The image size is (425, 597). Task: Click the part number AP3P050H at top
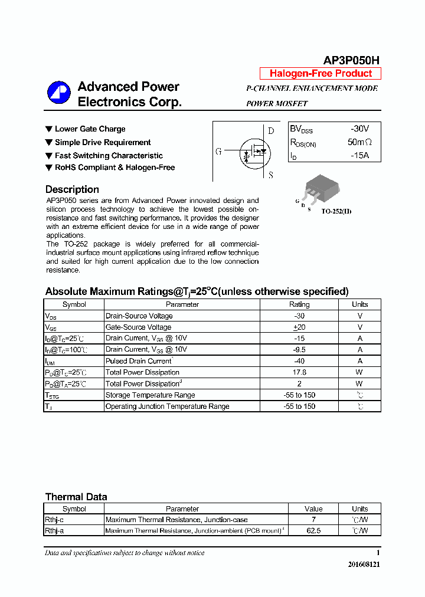(x=351, y=60)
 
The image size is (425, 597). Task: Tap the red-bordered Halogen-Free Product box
(x=321, y=74)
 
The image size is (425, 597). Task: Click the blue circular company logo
(x=59, y=93)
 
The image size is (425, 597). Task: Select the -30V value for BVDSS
(x=359, y=129)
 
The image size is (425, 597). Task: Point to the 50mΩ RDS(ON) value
(x=359, y=142)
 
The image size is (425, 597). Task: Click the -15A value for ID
(x=359, y=156)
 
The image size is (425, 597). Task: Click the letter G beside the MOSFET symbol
(x=218, y=152)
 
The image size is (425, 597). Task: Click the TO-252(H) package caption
(x=336, y=211)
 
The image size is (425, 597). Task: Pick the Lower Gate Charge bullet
(x=90, y=129)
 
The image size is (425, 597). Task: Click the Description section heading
(x=72, y=189)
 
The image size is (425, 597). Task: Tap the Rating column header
(x=299, y=304)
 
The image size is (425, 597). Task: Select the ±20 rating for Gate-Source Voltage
(x=299, y=327)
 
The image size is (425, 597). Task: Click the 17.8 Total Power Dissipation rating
(x=299, y=372)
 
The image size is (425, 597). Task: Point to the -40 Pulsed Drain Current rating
(x=299, y=361)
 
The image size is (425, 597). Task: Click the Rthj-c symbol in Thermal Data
(x=54, y=520)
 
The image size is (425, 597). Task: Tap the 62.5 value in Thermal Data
(x=313, y=531)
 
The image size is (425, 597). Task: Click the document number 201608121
(x=364, y=564)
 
